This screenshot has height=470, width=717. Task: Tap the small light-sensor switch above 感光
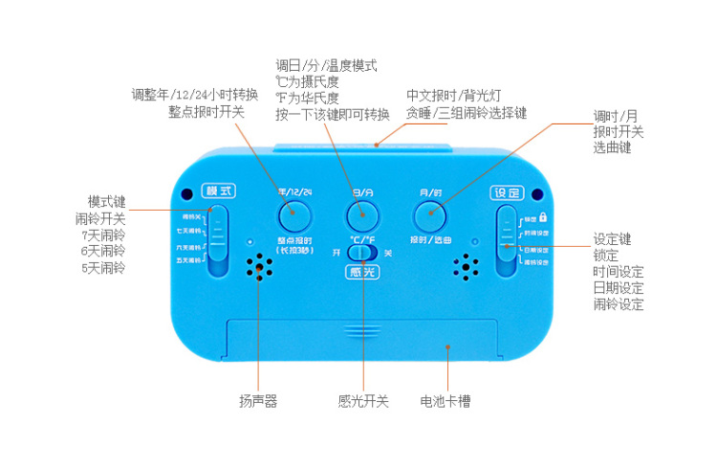363,253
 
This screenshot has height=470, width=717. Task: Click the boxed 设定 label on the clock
507,191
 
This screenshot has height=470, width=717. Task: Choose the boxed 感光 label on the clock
362,272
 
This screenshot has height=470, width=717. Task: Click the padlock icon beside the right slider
543,216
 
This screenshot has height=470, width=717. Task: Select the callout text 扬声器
258,402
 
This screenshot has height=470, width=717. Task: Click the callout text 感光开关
363,402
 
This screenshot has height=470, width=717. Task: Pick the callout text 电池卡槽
445,402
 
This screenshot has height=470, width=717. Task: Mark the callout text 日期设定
618,288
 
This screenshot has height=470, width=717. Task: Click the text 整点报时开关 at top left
206,112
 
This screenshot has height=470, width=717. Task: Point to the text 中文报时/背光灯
454,96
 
